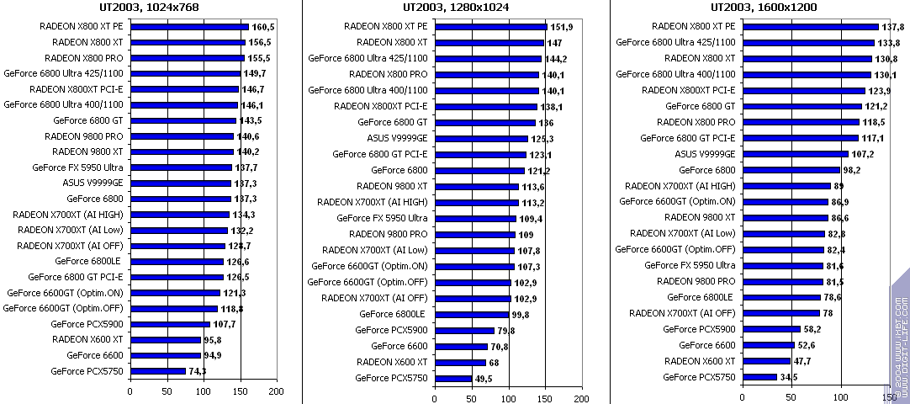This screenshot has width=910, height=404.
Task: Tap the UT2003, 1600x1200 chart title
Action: [760, 8]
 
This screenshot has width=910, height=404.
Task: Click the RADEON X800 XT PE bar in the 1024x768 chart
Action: [189, 26]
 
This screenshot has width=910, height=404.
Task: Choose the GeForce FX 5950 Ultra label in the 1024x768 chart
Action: [78, 167]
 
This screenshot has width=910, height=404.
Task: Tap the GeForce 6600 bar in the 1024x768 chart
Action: [165, 355]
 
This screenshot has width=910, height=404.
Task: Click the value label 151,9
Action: [561, 26]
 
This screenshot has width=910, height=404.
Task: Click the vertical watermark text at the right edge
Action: [901, 337]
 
